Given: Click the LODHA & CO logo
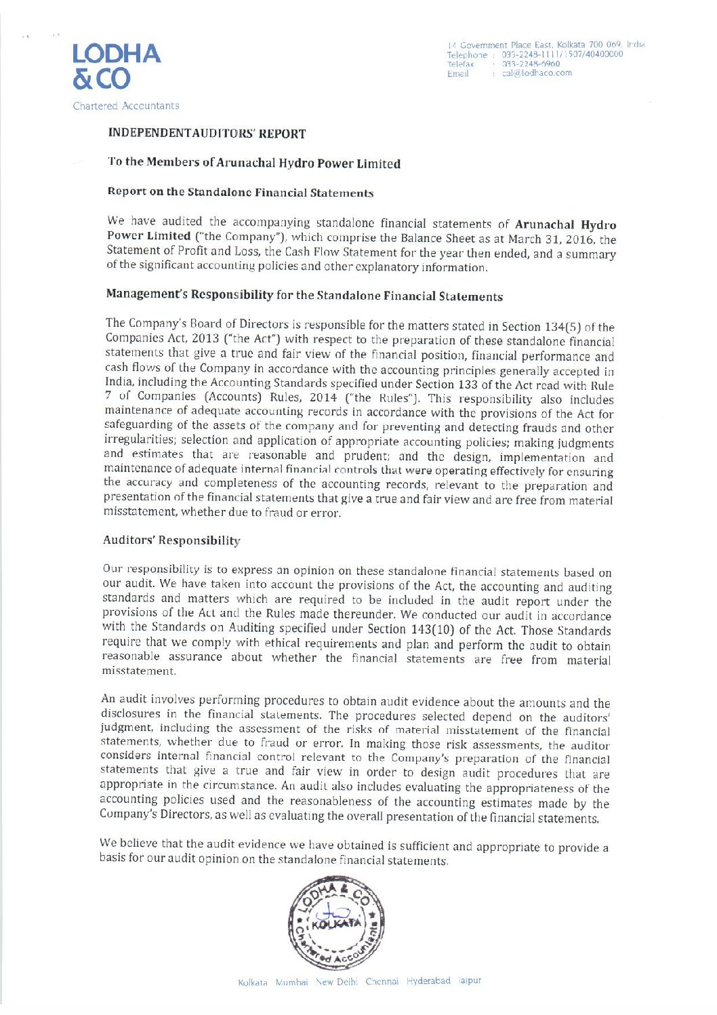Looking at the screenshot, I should [116, 66].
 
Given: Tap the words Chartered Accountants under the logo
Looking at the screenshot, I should [126, 106].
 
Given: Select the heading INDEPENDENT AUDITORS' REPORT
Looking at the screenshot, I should [207, 134].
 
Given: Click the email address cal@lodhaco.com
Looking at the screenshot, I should [537, 73].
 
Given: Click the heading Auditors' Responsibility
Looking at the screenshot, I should [171, 540].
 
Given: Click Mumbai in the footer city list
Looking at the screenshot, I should [292, 981].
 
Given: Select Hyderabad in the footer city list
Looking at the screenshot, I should [428, 980].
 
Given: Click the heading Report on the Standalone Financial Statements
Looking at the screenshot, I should [241, 192].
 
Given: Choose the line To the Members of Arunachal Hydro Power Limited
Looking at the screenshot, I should [254, 163].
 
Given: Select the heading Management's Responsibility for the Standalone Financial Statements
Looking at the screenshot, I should [304, 296].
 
